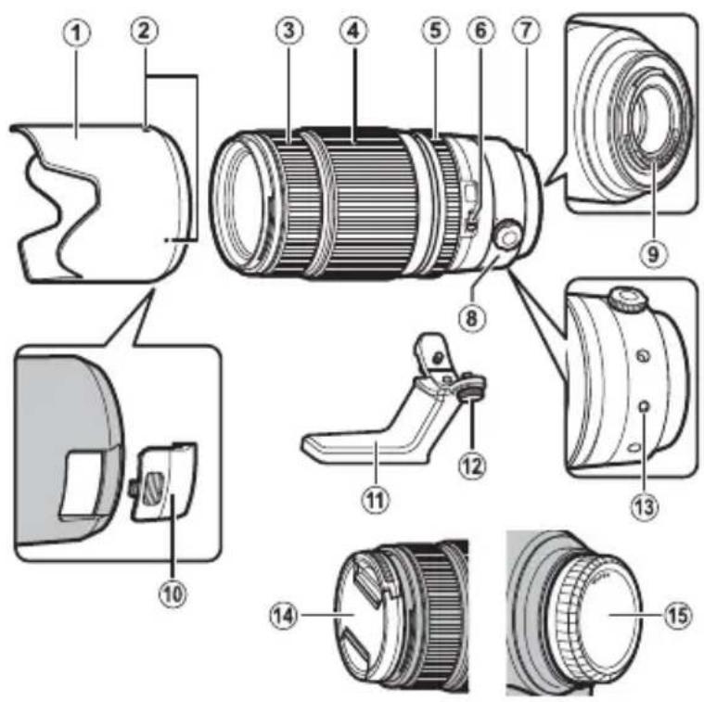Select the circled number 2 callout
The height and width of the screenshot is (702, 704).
(x=144, y=32)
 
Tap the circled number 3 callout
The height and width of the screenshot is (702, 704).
(x=289, y=31)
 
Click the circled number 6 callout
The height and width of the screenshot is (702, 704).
(x=480, y=31)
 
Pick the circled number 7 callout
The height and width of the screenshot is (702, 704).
(x=526, y=31)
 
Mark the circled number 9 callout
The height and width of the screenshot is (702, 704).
(x=655, y=252)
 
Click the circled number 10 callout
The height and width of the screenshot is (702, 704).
(x=171, y=592)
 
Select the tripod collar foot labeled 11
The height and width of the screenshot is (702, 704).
(x=362, y=451)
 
